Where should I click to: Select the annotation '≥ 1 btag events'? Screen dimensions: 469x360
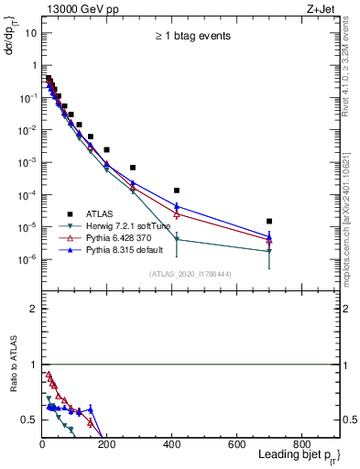point(191,36)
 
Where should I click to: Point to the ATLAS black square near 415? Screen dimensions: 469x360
point(177,191)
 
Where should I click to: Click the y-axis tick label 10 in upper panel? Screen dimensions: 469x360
point(30,33)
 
